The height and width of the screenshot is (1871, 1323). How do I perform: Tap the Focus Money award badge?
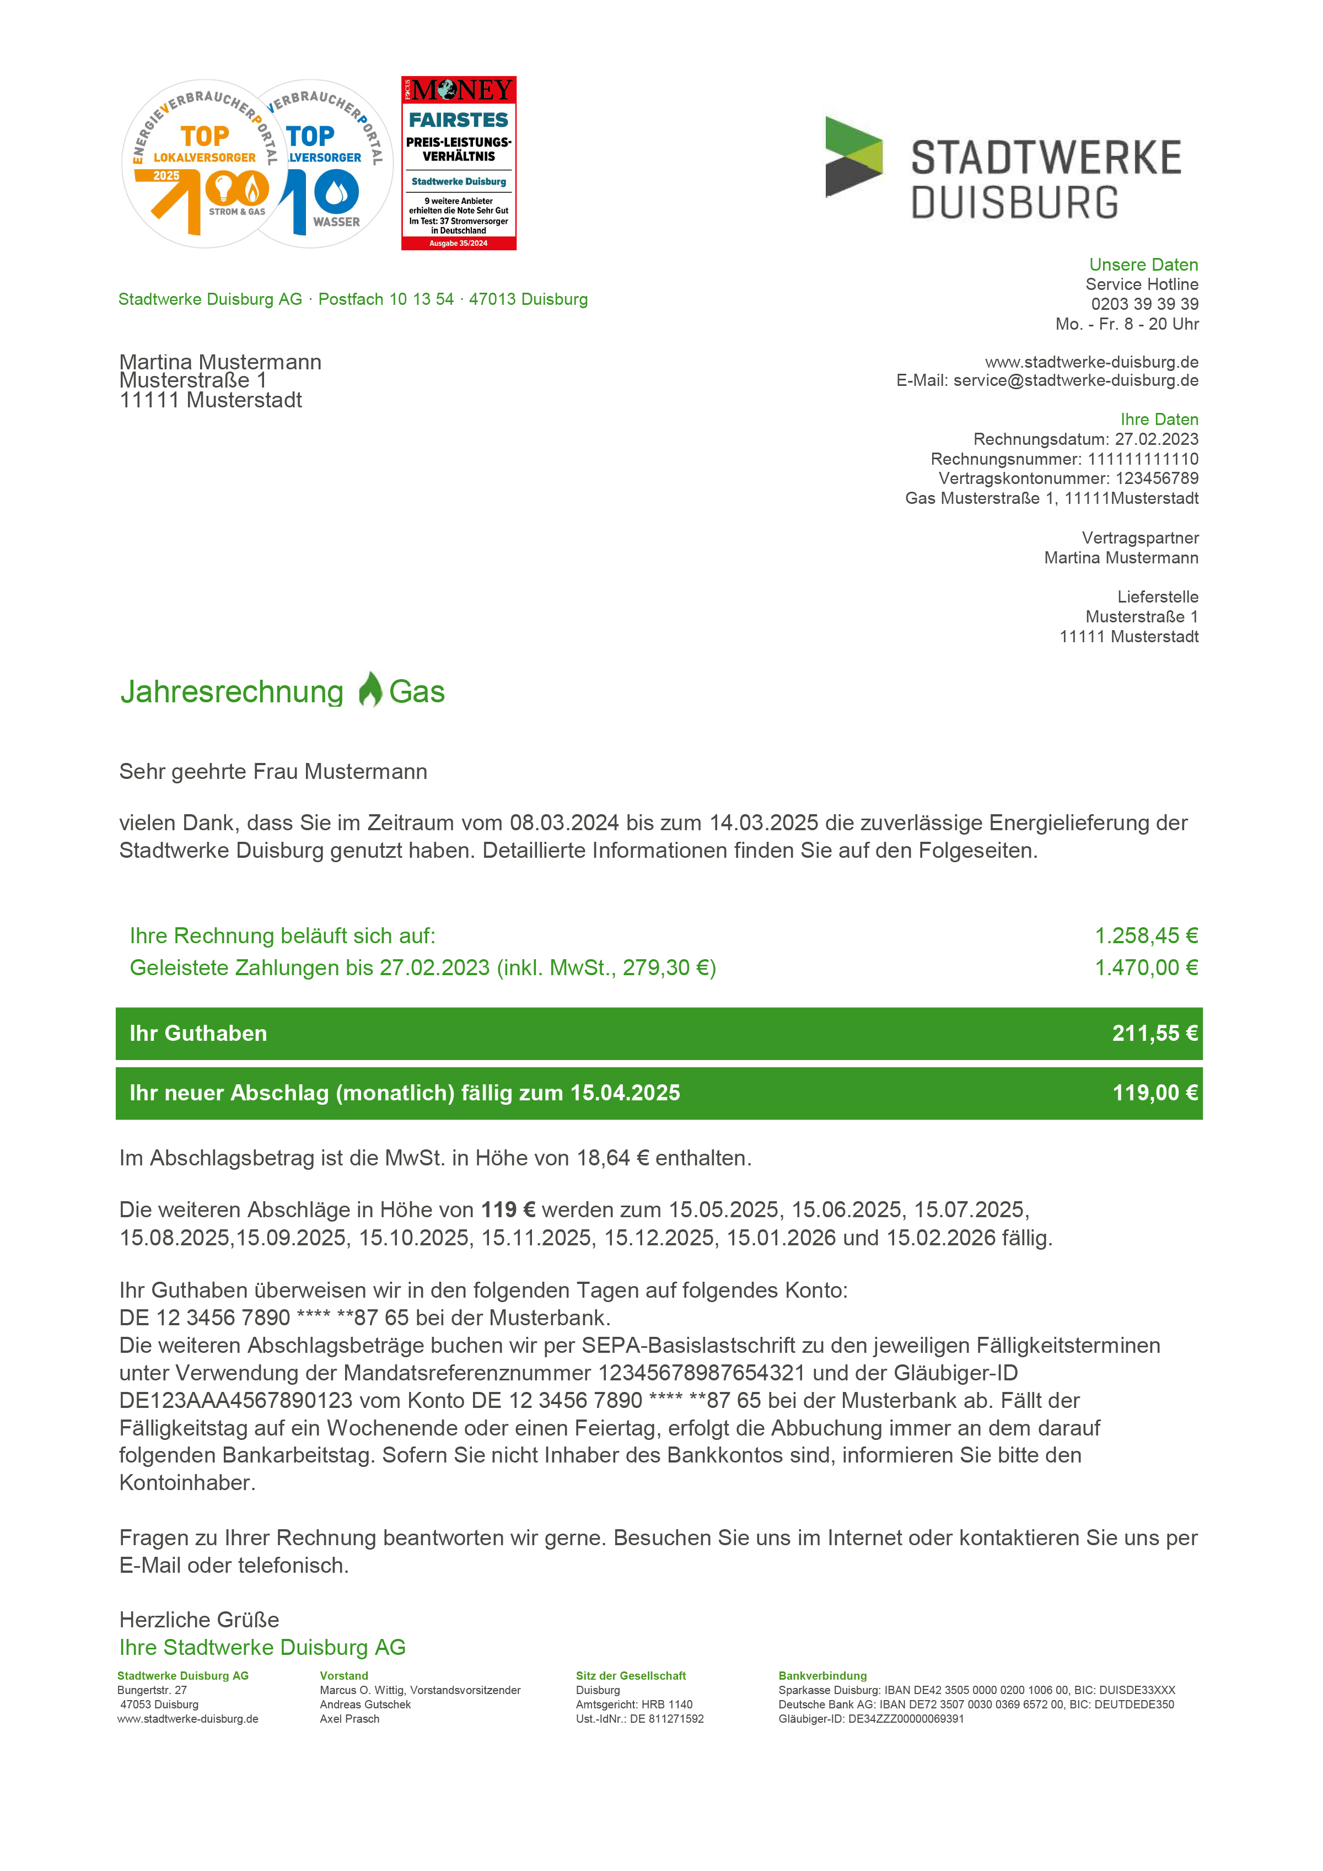459,163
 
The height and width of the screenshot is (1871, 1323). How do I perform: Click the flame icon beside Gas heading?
370,690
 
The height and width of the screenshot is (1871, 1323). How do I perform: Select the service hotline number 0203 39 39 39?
1144,304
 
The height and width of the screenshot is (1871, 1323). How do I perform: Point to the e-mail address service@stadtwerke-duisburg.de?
1075,380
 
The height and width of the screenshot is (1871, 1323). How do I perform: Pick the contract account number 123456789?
1157,478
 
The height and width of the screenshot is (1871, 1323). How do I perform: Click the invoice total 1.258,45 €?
1145,935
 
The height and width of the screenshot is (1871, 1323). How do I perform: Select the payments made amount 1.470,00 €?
1145,967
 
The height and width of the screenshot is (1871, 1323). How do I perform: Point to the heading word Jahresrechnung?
232,692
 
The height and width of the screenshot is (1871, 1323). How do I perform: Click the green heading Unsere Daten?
1143,265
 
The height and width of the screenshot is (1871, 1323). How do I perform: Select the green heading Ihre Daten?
1158,420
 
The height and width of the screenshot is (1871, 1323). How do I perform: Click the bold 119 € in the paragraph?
508,1209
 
